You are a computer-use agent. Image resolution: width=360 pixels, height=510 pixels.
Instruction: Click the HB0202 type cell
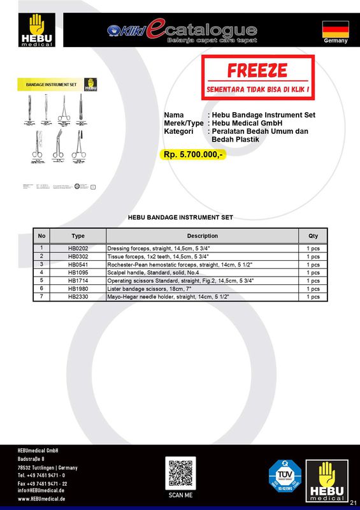78,247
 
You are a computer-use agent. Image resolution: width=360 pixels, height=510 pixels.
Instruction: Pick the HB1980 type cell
78,288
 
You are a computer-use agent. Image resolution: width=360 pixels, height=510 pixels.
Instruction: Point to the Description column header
202,236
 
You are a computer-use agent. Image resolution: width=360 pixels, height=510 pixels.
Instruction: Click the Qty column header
313,236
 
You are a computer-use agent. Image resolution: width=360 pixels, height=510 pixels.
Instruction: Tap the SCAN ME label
179,495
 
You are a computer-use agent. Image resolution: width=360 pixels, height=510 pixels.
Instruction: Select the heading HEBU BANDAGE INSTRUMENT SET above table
180,217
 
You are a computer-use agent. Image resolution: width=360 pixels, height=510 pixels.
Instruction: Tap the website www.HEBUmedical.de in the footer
41,499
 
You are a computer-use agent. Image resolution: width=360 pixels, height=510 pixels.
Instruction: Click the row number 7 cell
41,296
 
